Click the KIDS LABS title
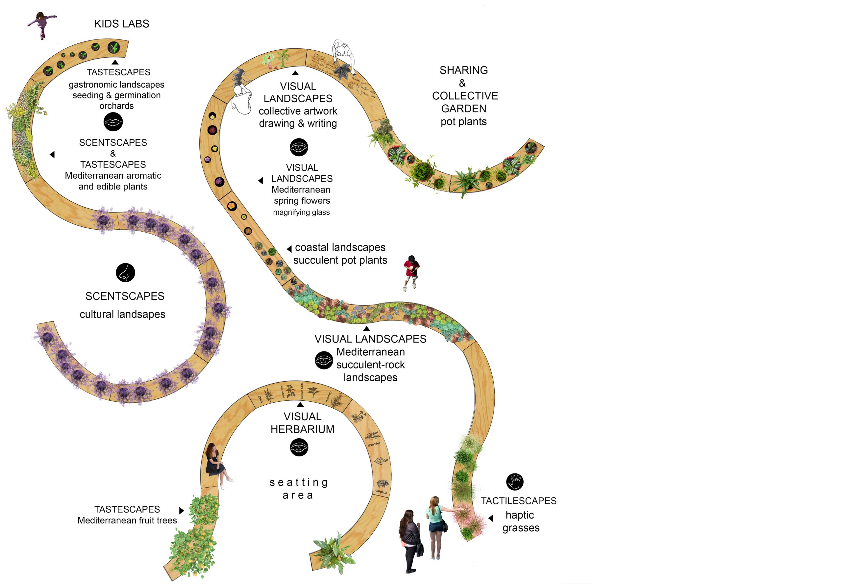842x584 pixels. coord(121,24)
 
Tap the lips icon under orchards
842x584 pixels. coord(113,122)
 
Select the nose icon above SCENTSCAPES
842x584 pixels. coord(125,273)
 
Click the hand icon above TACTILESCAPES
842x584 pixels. coord(515,482)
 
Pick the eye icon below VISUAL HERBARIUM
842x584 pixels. coord(299,447)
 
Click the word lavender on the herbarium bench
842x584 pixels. coord(373,444)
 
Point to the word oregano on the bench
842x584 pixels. coord(381,492)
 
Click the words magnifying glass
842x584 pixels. coord(301,213)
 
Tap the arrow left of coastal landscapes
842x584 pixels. coord(289,249)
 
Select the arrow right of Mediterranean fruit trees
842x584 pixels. coord(182,510)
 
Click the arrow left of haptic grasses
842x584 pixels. coord(491,518)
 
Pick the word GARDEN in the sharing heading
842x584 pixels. coord(463,109)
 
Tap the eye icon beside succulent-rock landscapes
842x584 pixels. coord(324,360)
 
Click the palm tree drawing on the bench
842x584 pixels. coord(283,59)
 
